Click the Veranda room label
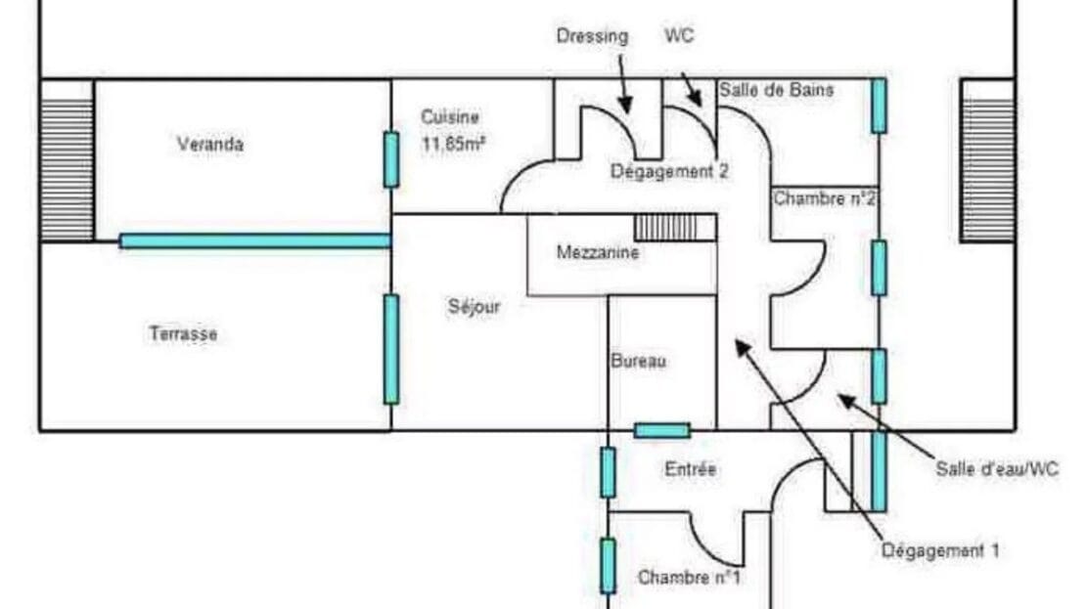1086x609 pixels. click(x=210, y=145)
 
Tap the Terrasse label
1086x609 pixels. click(x=183, y=334)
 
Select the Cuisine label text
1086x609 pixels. click(x=450, y=117)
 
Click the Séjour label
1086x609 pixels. click(x=474, y=307)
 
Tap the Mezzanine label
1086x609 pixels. click(x=597, y=253)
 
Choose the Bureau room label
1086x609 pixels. click(x=638, y=362)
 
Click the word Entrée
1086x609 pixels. click(x=691, y=469)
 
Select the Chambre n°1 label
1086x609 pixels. click(x=689, y=578)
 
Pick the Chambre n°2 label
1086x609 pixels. click(x=825, y=198)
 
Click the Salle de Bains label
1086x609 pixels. click(x=777, y=90)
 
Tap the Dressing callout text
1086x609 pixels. click(x=592, y=36)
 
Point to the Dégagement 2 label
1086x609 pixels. click(x=669, y=172)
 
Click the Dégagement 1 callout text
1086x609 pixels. click(x=940, y=550)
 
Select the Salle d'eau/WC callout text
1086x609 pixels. click(x=997, y=469)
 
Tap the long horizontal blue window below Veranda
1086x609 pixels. click(x=255, y=240)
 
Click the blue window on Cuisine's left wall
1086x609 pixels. click(x=391, y=159)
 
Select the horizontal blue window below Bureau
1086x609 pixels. click(x=661, y=430)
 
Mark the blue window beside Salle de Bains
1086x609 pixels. click(x=880, y=106)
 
